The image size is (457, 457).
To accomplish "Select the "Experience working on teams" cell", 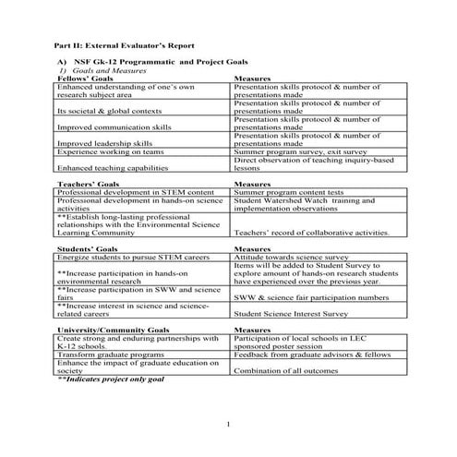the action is coord(111,151).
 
